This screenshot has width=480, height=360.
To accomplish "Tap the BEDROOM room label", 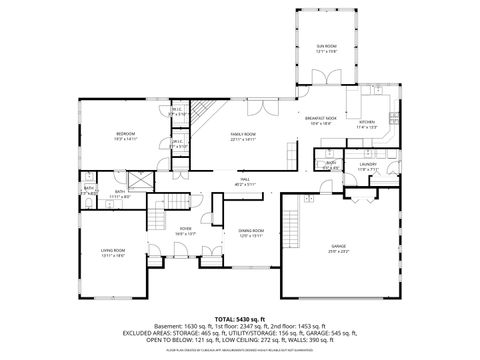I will (x=125, y=134).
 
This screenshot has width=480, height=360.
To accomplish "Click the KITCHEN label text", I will (x=365, y=125).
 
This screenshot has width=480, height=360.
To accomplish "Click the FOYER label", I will (x=185, y=230).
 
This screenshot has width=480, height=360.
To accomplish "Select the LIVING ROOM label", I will (x=112, y=252).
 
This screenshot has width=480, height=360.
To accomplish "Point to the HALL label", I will (x=243, y=180).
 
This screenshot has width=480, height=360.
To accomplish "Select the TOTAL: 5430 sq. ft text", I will (x=239, y=317).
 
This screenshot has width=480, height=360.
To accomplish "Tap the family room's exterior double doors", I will (x=259, y=103).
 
